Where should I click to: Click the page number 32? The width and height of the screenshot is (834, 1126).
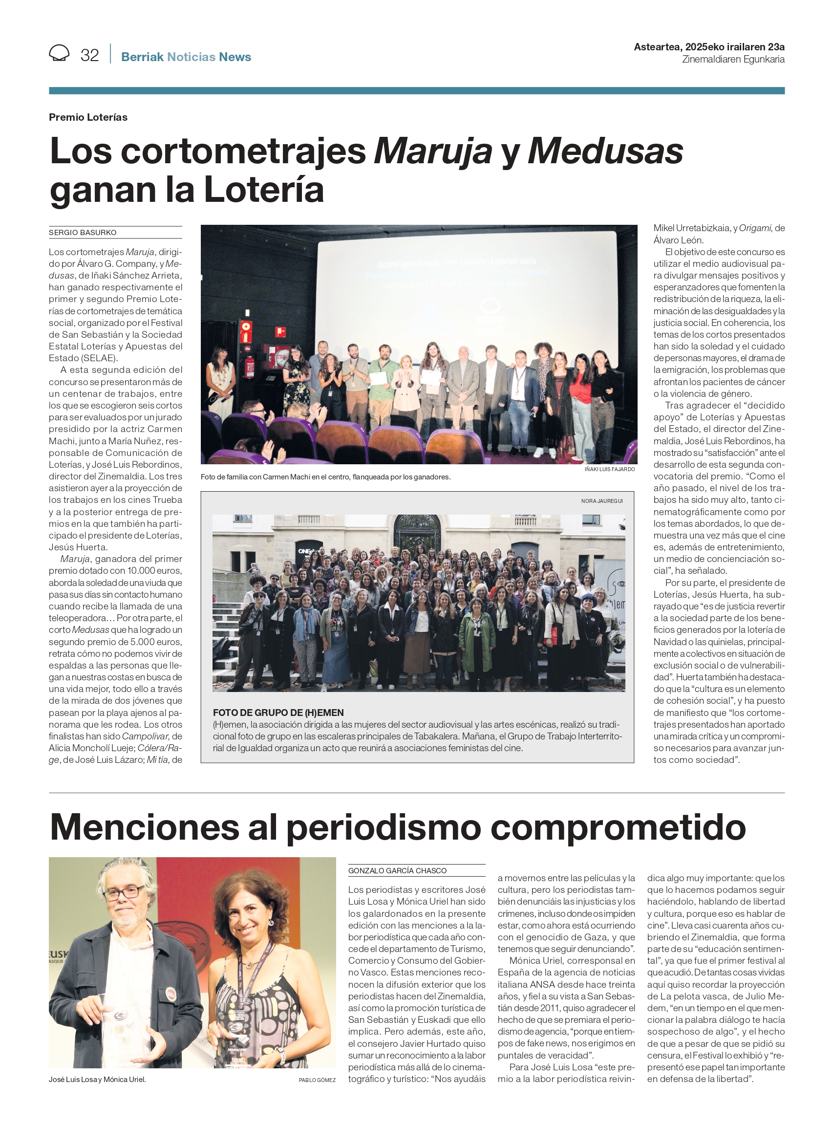(89, 55)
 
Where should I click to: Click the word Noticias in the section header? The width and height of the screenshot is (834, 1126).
(192, 57)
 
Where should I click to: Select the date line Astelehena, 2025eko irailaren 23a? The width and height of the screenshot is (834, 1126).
(709, 47)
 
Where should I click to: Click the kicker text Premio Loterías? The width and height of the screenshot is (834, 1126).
(88, 117)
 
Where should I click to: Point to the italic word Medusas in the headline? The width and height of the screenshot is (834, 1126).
(605, 151)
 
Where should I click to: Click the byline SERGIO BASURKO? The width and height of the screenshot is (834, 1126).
(83, 233)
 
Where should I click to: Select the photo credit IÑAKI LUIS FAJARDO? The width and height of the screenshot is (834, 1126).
(609, 469)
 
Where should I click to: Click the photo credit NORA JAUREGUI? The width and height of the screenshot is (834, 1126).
(602, 501)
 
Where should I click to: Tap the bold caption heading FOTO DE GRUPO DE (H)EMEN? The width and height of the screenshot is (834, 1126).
(278, 713)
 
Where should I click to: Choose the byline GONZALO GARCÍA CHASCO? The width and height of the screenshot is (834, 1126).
(397, 870)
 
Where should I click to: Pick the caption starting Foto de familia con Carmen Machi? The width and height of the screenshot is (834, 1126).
(325, 476)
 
